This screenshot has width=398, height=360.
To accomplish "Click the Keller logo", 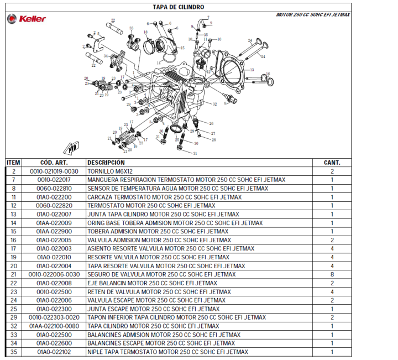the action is (x=27, y=19).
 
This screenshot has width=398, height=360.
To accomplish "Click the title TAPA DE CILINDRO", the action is (x=178, y=7).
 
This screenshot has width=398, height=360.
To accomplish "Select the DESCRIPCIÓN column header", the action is (x=106, y=163).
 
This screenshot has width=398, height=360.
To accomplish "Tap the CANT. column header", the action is (x=332, y=163).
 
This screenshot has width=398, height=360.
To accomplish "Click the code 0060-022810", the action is (x=54, y=189).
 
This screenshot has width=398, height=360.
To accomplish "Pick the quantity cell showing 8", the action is (x=332, y=274).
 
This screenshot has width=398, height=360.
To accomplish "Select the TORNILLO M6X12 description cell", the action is (x=110, y=171).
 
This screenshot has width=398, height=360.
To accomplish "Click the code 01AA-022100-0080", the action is (x=54, y=326).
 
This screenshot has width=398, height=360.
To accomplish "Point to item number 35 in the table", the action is (x=14, y=352).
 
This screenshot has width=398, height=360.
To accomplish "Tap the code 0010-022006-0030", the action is (x=54, y=274).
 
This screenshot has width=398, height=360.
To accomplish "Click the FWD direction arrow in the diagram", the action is (x=71, y=148).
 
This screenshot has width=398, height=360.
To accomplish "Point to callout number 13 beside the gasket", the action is (x=252, y=70).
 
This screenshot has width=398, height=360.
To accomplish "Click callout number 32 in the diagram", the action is (x=214, y=104).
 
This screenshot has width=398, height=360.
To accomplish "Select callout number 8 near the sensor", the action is (x=225, y=103).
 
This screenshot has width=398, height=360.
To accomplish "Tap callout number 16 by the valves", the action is (x=268, y=74).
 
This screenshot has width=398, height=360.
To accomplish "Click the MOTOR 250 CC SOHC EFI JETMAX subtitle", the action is (x=313, y=15).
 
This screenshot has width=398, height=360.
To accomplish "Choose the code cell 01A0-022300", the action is (x=54, y=309).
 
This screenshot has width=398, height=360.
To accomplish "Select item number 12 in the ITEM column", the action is (x=14, y=206).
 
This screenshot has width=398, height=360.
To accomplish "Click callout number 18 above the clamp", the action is (x=145, y=32).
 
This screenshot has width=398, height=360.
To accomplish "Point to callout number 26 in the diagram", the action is (x=211, y=124).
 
